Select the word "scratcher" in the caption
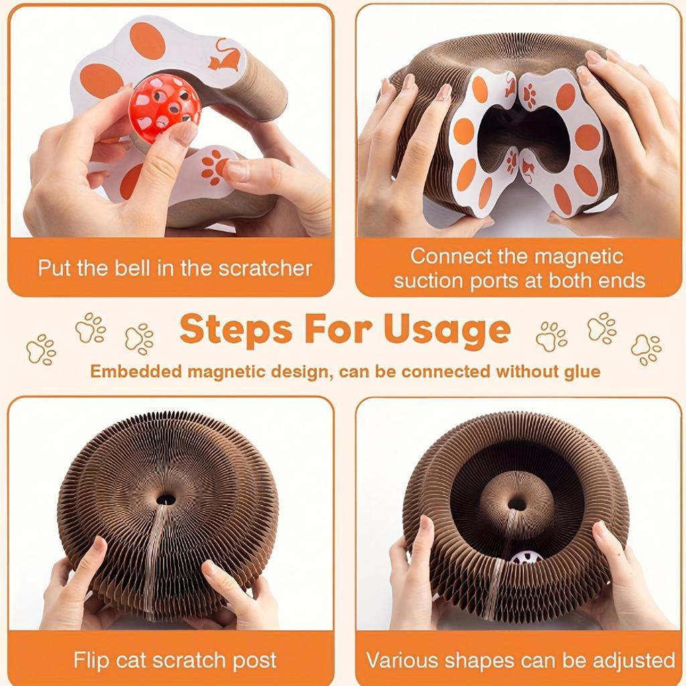tap(265, 268)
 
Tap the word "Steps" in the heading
tap(236, 330)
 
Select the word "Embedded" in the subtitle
tap(137, 371)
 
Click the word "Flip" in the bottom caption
tap(91, 660)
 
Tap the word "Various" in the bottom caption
tap(401, 660)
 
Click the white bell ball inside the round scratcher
tap(527, 557)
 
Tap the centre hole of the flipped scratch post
tap(166, 499)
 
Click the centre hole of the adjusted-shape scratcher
tap(517, 504)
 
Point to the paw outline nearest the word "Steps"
tap(139, 338)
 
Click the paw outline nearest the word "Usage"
tap(551, 336)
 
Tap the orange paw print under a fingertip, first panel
tap(214, 167)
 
